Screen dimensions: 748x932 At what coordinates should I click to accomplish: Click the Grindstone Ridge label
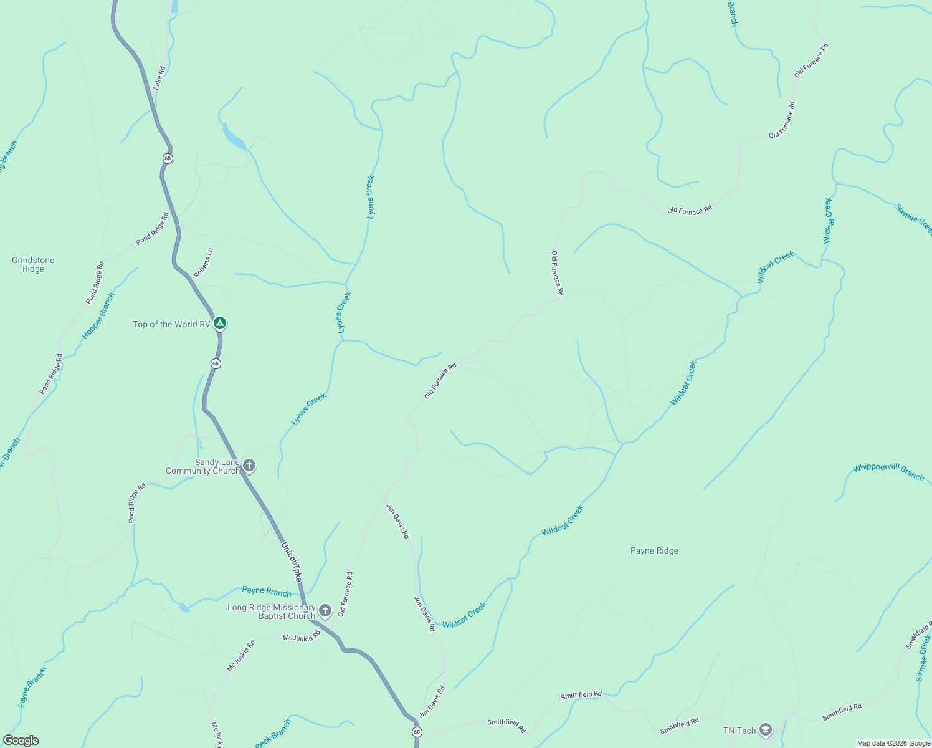click(x=33, y=265)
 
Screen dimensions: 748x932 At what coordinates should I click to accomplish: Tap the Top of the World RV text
click(x=171, y=324)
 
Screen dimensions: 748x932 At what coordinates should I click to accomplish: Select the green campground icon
click(x=219, y=324)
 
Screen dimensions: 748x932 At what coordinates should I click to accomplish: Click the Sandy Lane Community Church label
click(x=202, y=466)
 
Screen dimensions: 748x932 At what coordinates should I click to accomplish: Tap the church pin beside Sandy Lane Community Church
click(x=249, y=466)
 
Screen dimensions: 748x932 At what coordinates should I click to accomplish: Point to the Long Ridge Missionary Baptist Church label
click(x=272, y=611)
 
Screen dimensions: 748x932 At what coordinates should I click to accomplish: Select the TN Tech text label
click(x=739, y=731)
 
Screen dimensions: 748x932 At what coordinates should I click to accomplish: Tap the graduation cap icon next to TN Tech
click(x=765, y=730)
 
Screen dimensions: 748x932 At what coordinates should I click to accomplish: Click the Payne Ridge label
click(x=654, y=550)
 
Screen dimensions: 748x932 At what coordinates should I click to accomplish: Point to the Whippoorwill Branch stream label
click(x=888, y=472)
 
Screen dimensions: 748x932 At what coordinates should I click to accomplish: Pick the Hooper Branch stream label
click(x=98, y=316)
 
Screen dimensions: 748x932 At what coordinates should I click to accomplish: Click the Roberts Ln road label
click(x=203, y=262)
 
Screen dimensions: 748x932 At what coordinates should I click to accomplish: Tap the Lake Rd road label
click(x=159, y=78)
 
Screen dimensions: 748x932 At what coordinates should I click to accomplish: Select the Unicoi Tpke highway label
click(x=292, y=562)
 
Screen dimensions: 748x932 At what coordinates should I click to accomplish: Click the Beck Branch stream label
click(x=273, y=734)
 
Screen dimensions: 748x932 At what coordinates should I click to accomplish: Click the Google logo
click(x=21, y=741)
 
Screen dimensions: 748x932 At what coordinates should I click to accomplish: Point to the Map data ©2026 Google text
click(x=893, y=743)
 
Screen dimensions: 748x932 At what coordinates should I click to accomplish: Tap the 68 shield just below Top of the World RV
click(x=215, y=363)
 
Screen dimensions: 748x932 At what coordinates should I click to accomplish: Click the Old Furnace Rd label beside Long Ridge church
click(x=345, y=595)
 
